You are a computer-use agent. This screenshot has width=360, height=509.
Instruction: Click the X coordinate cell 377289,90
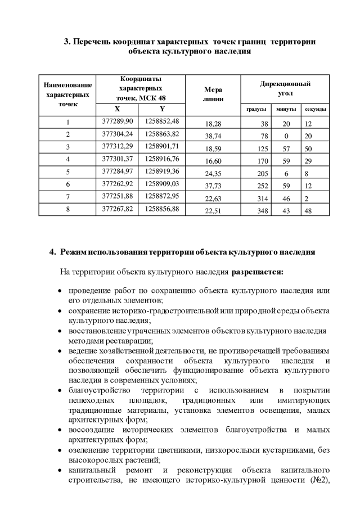click(118, 121)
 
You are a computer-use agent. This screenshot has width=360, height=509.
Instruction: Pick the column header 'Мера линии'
click(213, 94)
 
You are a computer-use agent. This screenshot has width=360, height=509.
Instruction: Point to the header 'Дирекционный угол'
click(285, 88)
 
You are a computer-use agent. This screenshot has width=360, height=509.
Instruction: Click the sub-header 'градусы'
click(256, 109)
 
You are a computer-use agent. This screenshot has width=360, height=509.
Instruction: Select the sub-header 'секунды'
click(316, 109)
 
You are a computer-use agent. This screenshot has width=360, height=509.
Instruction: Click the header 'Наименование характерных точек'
click(67, 94)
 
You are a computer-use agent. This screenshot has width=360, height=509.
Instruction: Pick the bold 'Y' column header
click(162, 109)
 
